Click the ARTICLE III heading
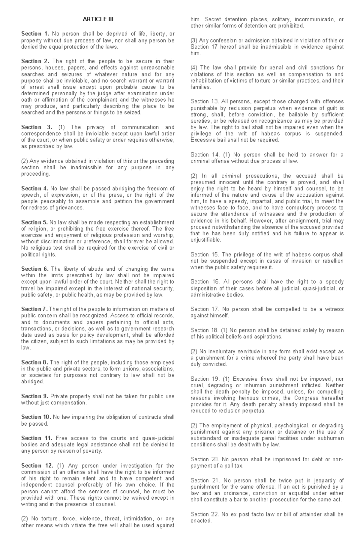(98, 19)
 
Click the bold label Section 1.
(35, 34)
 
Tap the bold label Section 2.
(35, 61)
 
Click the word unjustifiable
(205, 240)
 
